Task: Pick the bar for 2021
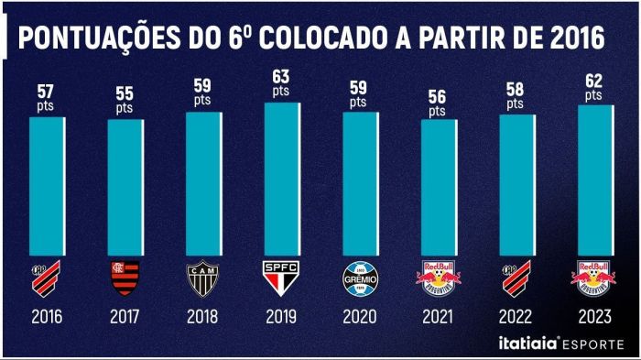pos(438,188)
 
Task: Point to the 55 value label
pos(125,93)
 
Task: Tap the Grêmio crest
pos(358,278)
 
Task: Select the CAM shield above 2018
pos(203,278)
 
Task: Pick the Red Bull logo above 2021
pos(437,277)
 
